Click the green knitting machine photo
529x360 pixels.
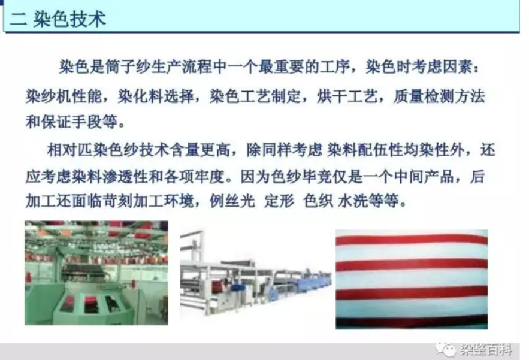pos(96,273)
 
